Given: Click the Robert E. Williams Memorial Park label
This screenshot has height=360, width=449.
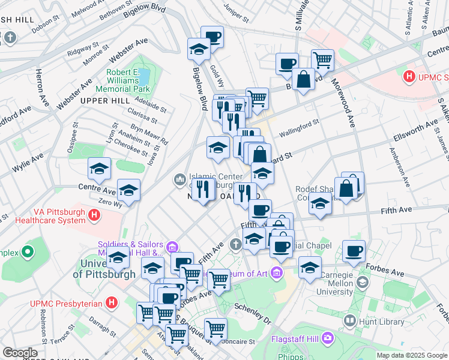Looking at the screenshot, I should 127,82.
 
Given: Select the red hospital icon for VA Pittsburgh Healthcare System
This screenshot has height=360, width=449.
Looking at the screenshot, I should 94,215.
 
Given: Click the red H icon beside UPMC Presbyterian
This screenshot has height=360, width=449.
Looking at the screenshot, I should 110,304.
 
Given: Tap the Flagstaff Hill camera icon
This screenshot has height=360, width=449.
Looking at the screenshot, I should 327,337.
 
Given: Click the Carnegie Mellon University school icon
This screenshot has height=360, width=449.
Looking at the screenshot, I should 363,282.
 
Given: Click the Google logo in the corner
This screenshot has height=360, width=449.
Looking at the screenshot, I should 20,353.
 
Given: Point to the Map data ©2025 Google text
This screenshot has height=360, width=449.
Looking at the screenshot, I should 412,355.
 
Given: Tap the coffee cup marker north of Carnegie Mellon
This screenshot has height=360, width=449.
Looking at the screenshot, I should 354,250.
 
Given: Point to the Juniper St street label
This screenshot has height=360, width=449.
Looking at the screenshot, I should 235,8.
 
